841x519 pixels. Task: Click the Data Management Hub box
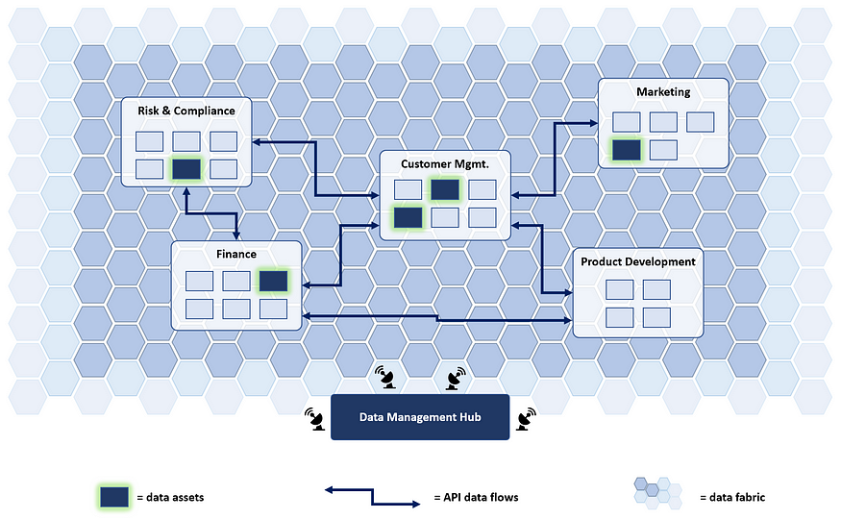click(x=420, y=417)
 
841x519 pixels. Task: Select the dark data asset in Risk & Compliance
click(x=186, y=169)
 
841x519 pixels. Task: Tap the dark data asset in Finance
click(x=274, y=281)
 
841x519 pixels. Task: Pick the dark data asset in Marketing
click(x=627, y=150)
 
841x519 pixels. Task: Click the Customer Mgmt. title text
click(x=445, y=164)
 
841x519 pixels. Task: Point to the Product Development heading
click(x=638, y=261)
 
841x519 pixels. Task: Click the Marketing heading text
click(x=663, y=91)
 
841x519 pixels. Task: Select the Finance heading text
click(x=236, y=254)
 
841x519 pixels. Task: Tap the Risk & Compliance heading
click(x=186, y=111)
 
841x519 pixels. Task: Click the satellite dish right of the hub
click(x=526, y=419)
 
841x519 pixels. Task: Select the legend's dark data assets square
click(x=114, y=497)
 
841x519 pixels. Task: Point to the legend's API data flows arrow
click(x=372, y=497)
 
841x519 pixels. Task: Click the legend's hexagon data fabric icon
click(x=657, y=493)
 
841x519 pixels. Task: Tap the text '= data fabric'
click(x=732, y=497)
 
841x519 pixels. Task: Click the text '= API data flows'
click(x=477, y=498)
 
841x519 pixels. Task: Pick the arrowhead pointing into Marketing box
click(x=594, y=123)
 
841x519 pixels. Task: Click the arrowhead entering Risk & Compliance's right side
click(x=257, y=142)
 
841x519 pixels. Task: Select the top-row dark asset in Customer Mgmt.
click(x=445, y=189)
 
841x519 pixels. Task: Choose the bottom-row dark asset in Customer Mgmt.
click(x=408, y=218)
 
